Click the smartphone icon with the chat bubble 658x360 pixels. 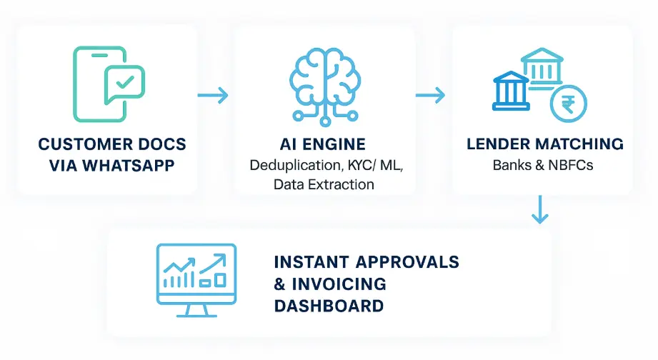pyautogui.click(x=107, y=84)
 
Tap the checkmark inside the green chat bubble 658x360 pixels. pyautogui.click(x=125, y=84)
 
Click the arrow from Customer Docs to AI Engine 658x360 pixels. pyautogui.click(x=213, y=94)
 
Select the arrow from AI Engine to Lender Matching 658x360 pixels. pyautogui.click(x=430, y=94)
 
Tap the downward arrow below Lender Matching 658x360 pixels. pyautogui.click(x=541, y=210)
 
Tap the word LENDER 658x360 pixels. pyautogui.click(x=494, y=144)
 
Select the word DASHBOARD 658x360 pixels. pyautogui.click(x=329, y=306)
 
